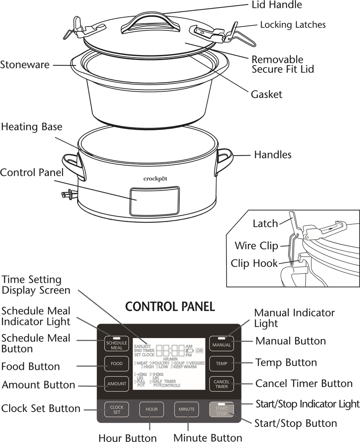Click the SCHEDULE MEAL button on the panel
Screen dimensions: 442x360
coord(116,344)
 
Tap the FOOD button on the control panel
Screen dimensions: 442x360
coord(116,364)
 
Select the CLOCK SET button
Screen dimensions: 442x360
coord(116,409)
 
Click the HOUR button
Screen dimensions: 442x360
coord(151,409)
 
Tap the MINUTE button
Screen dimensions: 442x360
coord(186,409)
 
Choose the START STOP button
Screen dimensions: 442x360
coord(222,411)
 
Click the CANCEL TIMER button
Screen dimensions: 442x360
coord(222,384)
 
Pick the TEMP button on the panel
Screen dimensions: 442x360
coord(222,364)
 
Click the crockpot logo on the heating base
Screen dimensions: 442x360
coord(156,178)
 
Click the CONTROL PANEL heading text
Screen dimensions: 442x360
coord(170,307)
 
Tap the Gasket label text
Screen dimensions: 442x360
coord(267,94)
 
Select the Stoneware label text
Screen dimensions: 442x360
coord(25,65)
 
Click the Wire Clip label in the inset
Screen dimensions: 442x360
coord(256,245)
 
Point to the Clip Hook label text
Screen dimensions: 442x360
coord(254,264)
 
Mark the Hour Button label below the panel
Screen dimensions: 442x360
coord(128,437)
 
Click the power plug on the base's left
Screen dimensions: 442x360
coord(67,193)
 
